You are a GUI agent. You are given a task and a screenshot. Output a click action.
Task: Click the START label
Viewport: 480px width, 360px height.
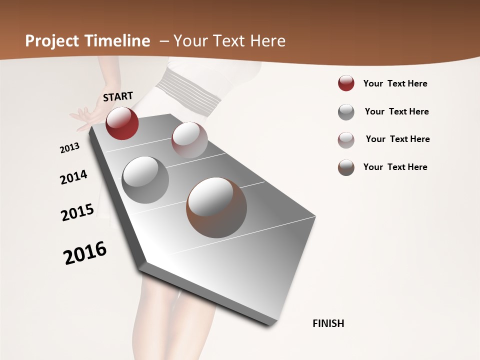coord(118,96)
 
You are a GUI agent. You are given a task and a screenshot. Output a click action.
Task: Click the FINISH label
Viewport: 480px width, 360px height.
coord(328,323)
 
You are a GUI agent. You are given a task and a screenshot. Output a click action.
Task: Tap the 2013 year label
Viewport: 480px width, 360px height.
coord(70,148)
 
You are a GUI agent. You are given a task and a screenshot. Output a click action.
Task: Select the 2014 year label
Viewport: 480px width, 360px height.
coord(73,177)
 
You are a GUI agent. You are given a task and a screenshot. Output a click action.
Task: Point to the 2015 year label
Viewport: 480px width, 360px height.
coord(77,212)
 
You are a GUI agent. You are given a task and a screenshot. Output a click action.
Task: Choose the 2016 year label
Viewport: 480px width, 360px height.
coord(85,253)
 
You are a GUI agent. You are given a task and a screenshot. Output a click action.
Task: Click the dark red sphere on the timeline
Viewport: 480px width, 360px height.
coord(122,123)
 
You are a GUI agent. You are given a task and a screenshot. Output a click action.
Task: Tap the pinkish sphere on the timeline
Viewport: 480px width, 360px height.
coord(189,140)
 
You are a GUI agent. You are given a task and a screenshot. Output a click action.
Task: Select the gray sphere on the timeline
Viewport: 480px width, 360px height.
coord(145,180)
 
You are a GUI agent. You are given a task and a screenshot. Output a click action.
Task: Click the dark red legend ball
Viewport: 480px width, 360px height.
coord(346,83)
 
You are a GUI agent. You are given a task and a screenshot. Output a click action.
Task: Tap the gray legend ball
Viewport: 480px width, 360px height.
coord(346,112)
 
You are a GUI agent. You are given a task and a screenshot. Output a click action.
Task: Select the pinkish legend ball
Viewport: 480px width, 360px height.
coord(346,140)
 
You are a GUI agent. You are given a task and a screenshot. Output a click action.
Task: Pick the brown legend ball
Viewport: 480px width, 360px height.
coord(346,167)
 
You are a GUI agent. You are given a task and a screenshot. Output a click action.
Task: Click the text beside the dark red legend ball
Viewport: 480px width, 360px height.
coord(395,84)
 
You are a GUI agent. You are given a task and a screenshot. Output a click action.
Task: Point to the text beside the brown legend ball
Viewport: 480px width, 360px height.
coord(395,167)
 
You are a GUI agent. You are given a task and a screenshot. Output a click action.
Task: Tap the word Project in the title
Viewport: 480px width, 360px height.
coord(52,41)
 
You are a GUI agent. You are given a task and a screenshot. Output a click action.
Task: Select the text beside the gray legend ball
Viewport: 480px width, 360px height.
coord(397,111)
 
